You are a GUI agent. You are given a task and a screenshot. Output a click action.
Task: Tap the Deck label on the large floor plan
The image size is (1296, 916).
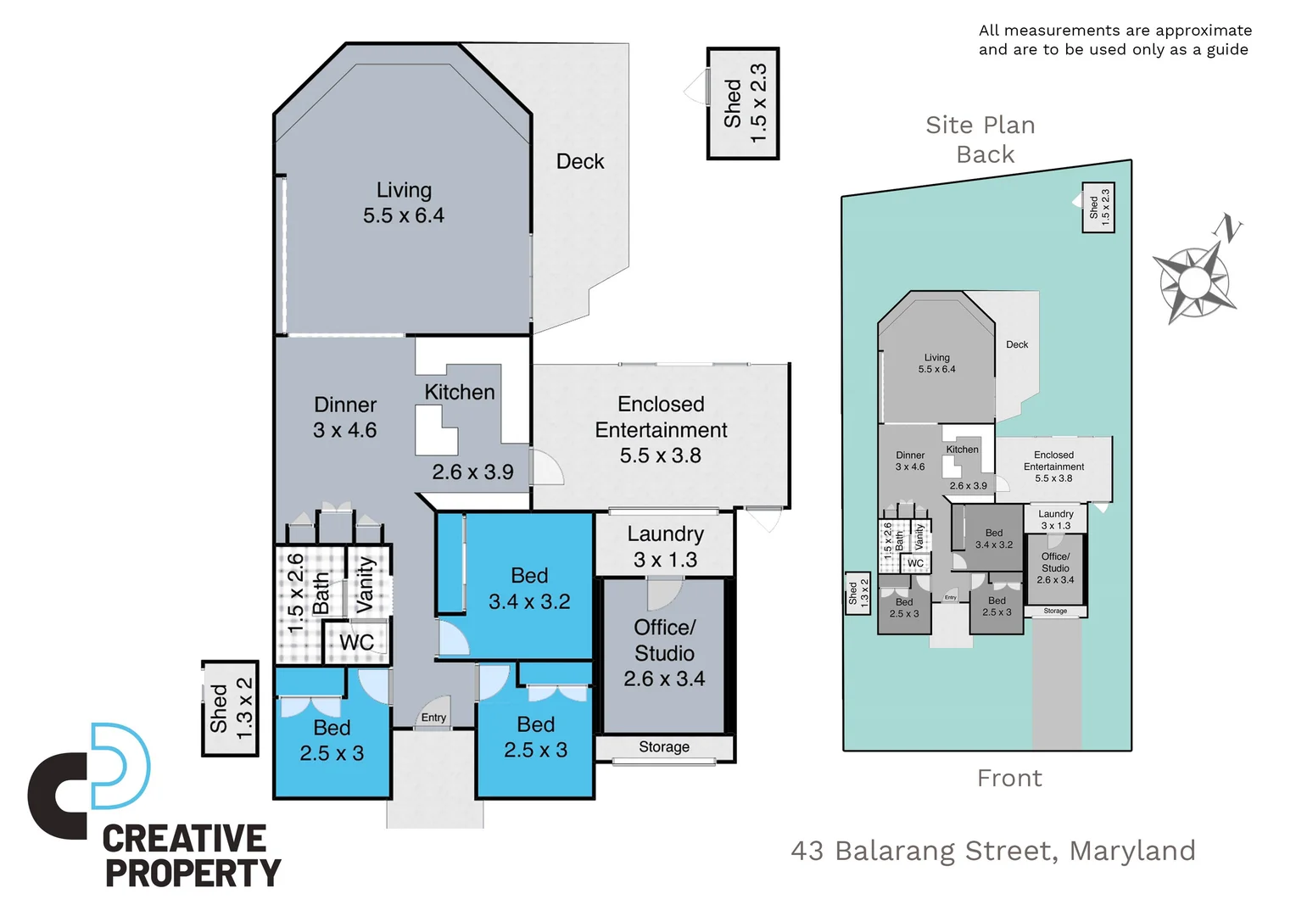[580, 161]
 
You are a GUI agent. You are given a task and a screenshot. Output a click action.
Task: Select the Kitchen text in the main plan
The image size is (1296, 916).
[459, 392]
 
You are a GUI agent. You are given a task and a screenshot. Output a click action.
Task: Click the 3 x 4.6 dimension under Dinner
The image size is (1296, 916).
[344, 430]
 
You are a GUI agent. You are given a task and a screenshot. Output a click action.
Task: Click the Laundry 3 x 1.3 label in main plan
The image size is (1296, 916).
[665, 546]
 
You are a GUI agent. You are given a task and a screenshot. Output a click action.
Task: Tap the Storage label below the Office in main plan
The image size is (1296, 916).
[663, 747]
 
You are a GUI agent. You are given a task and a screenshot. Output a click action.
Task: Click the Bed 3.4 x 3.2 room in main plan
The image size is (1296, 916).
[529, 589]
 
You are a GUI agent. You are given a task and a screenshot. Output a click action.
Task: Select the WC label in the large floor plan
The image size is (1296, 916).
[356, 642]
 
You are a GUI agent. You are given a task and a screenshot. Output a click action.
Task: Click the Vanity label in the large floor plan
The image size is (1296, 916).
[366, 584]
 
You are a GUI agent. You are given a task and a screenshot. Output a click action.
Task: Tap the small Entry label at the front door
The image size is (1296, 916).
[433, 718]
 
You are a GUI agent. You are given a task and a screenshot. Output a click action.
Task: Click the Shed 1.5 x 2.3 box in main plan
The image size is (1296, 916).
[743, 103]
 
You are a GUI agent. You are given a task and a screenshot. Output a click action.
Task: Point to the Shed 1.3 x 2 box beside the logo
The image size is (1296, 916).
[230, 708]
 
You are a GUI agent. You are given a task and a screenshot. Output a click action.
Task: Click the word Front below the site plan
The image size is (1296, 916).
[1008, 778]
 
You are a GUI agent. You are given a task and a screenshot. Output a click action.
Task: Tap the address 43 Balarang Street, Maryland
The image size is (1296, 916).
[993, 851]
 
